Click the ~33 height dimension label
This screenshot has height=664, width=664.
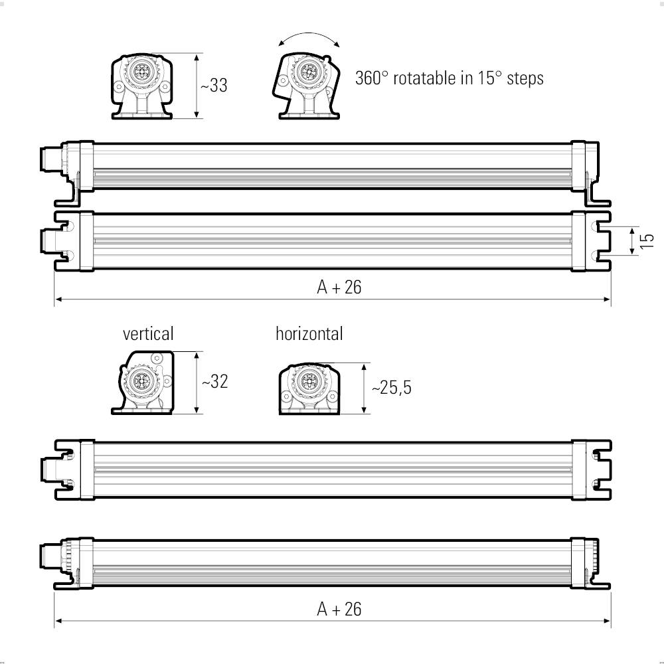214,86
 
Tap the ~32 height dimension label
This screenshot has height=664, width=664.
214,382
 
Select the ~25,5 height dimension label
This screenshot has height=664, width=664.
391,388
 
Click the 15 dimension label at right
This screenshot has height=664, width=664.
648,241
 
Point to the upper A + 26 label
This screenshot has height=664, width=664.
339,287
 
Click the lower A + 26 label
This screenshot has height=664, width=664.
339,609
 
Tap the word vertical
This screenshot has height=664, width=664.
147,333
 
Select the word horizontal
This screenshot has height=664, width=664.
309,333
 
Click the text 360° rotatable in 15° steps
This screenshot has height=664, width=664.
450,78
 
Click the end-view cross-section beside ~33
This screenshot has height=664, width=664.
141,87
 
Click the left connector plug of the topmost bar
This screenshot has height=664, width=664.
50,161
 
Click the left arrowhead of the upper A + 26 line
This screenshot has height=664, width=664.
58,299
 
